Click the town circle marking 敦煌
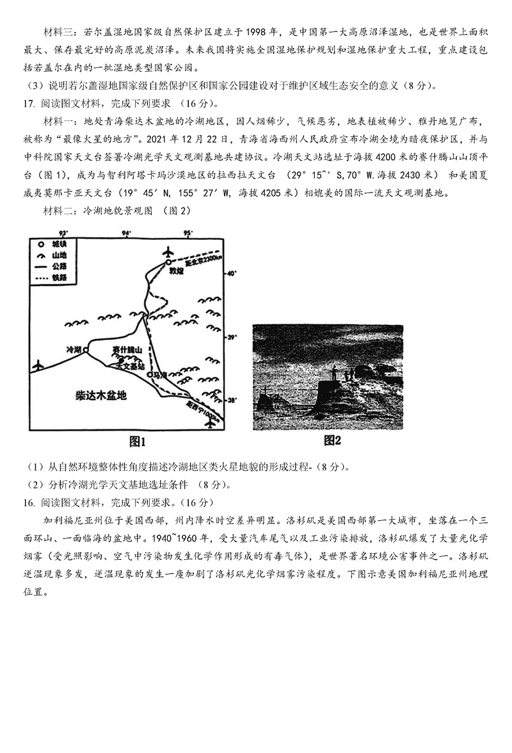pos(168,262)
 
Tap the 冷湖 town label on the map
pos(74,349)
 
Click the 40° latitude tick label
pos(232,273)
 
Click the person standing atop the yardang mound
pos(334,372)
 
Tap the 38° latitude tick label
pos(232,401)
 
